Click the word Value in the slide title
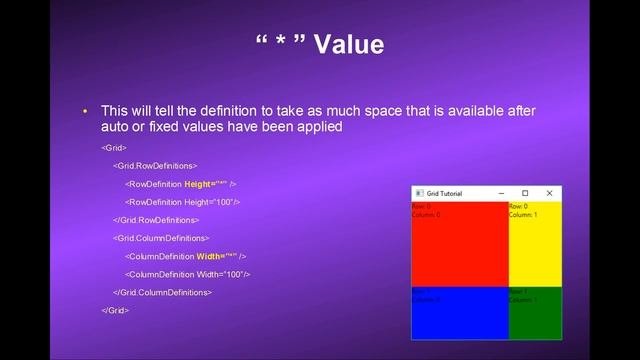coord(349,45)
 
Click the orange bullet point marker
coord(86,110)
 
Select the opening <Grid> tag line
coord(113,147)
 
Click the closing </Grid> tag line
coord(115,310)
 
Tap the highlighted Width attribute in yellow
coord(216,256)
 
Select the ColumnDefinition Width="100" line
coord(187,274)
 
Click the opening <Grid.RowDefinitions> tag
coord(155,165)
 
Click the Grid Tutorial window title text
coord(445,192)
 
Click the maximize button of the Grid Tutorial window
coord(525,192)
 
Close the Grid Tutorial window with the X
coord(549,192)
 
